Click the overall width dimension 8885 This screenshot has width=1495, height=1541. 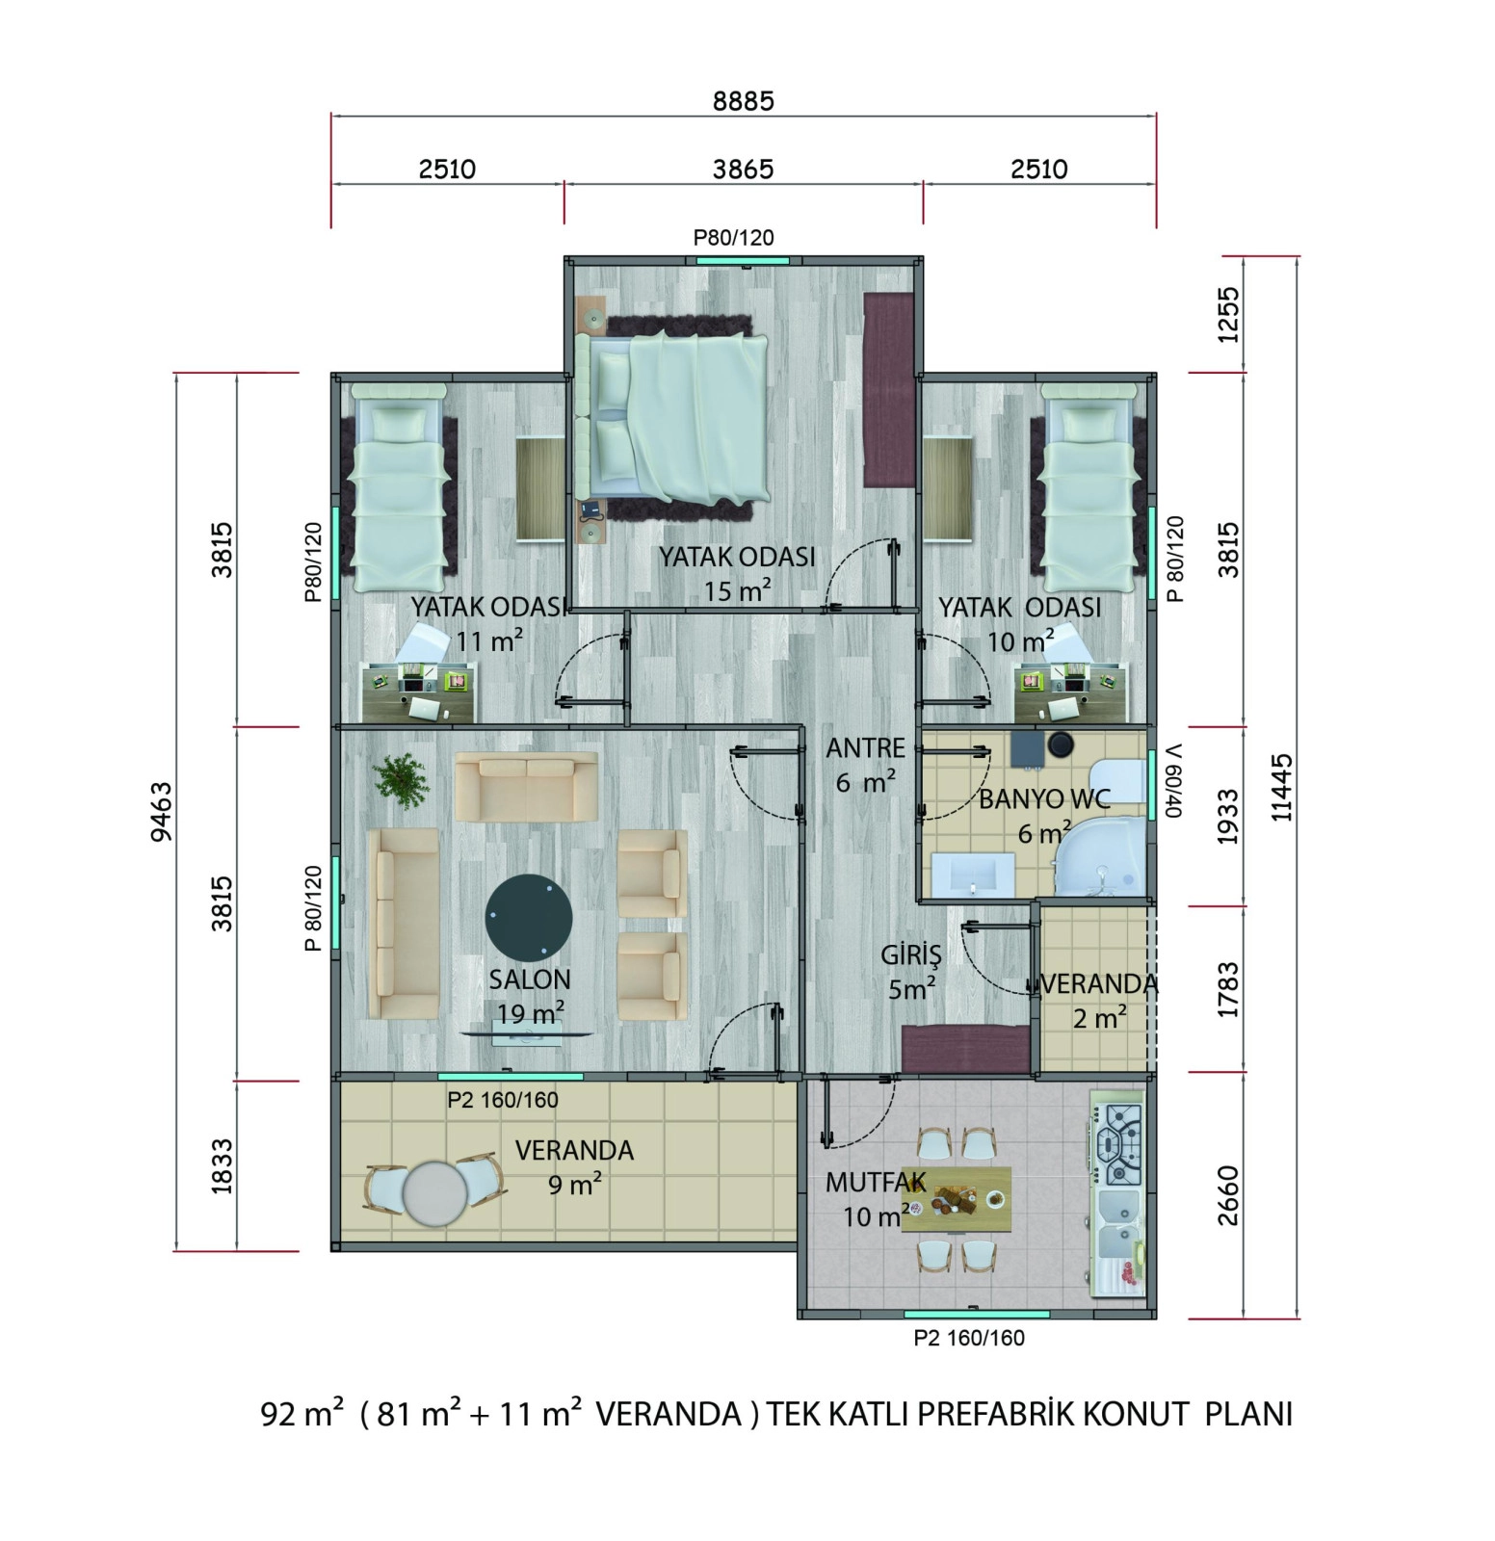click(743, 100)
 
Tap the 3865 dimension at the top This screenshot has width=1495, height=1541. click(743, 170)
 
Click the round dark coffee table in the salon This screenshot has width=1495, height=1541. click(529, 916)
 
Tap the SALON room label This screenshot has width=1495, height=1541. click(530, 979)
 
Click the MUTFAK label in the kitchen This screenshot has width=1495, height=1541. click(876, 1182)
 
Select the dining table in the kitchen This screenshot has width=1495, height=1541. click(957, 1199)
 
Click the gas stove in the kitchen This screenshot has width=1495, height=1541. click(1120, 1143)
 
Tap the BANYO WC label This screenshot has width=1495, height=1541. click(1044, 798)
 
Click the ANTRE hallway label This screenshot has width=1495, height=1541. click(866, 747)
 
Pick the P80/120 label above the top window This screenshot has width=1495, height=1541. click(734, 237)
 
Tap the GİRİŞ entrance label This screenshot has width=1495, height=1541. click(910, 955)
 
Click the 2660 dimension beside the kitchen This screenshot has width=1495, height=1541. click(1228, 1195)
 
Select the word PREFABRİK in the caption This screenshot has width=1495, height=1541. click(995, 1414)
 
